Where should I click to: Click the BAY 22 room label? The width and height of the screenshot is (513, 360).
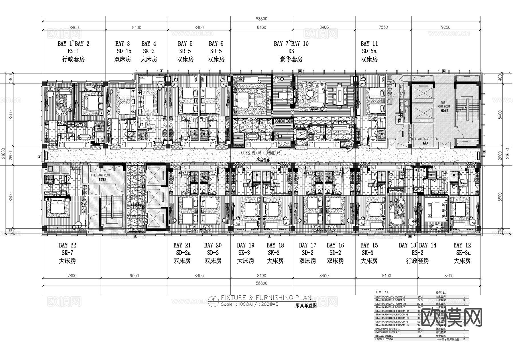68,245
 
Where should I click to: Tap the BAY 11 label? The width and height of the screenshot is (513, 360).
369,44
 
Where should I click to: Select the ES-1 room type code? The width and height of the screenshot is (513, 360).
73,51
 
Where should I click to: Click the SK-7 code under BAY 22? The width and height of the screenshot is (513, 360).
68,253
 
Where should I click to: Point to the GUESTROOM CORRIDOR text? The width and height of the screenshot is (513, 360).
260,153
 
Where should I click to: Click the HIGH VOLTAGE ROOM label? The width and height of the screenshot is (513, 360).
424,139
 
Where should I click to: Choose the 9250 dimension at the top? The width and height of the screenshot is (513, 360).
446,27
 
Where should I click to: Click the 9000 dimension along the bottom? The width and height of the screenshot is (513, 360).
134,276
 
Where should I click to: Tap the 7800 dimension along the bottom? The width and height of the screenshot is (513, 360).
72,276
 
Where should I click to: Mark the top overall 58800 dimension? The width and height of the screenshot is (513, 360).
261,19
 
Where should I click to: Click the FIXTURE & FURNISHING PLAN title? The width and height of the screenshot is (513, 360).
266,298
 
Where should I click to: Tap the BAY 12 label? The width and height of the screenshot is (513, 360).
462,245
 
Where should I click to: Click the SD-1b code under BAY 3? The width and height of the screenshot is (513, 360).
124,51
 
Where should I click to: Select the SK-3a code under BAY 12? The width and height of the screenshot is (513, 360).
463,253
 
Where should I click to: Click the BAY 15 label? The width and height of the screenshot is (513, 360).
369,245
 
